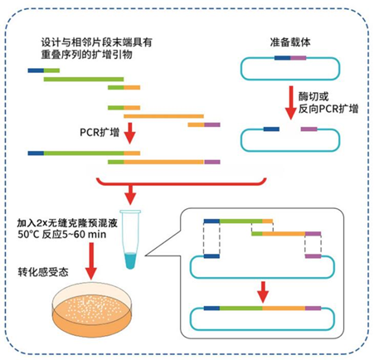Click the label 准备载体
290,42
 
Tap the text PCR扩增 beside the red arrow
100,132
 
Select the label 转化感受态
43,272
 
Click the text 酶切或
313,96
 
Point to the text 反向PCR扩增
328,109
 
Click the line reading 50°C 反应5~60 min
62,235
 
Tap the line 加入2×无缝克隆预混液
67,223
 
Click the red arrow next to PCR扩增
129,134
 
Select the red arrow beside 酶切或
291,103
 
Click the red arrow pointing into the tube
130,195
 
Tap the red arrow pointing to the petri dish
91,261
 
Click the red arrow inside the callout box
263,292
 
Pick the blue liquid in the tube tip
130,260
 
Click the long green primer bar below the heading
84,80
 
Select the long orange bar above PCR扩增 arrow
163,116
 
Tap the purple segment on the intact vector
299,58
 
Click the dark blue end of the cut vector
271,129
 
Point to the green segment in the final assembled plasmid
240,308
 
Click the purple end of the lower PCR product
212,162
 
